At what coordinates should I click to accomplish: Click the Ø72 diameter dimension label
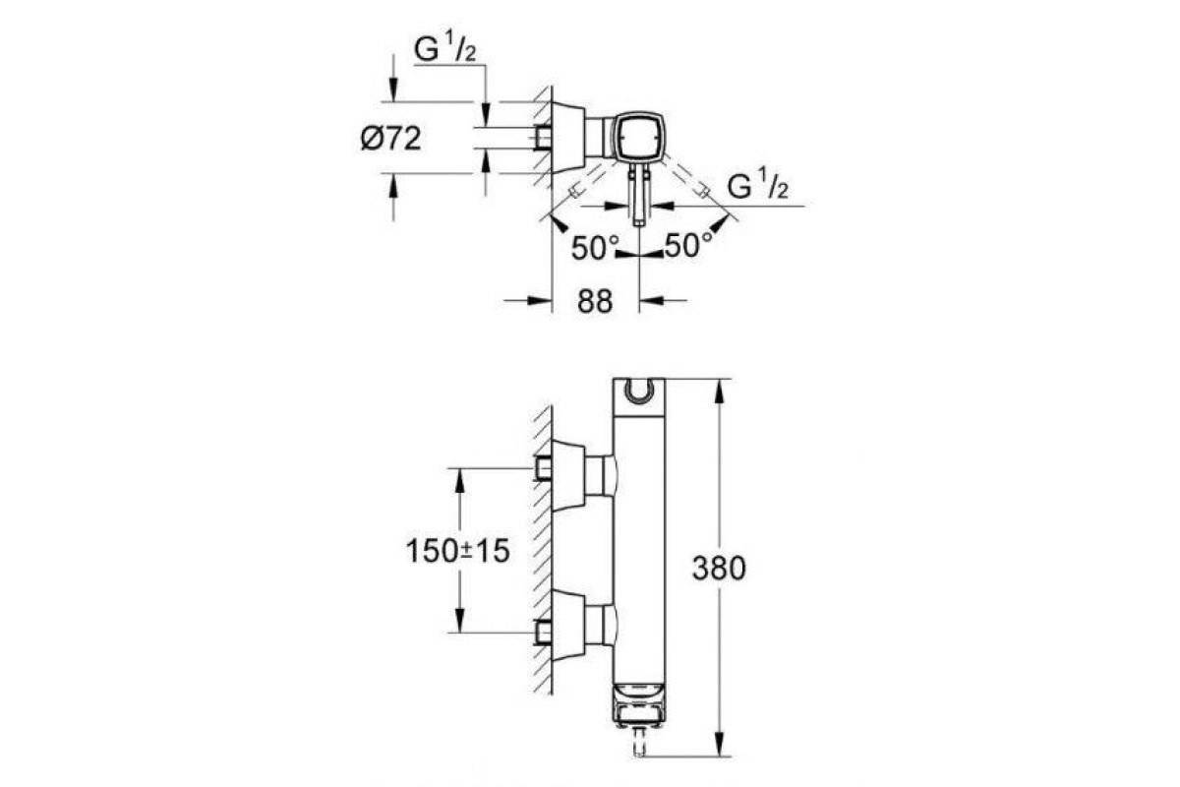coord(391,139)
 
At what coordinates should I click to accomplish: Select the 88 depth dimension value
coord(595,302)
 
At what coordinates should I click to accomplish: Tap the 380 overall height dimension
coord(719,569)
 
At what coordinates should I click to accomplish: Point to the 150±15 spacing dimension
coord(458,551)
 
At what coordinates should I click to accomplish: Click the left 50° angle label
coord(595,248)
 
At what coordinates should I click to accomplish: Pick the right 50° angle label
coord(688,245)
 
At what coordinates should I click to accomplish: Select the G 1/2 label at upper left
coord(444,49)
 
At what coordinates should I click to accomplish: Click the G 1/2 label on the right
coord(758,186)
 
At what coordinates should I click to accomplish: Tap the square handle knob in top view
coord(639,136)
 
